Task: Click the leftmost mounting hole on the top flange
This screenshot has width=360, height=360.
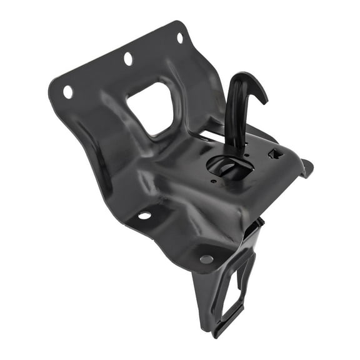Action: tap(67, 92)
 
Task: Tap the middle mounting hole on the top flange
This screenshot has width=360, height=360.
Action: tap(128, 59)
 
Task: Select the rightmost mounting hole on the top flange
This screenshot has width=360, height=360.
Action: tap(180, 37)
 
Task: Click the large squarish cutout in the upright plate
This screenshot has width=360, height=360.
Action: tap(151, 107)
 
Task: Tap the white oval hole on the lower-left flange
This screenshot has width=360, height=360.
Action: tap(144, 216)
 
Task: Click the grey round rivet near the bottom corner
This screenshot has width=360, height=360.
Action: tap(206, 259)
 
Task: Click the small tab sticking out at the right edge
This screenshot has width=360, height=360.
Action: tap(306, 167)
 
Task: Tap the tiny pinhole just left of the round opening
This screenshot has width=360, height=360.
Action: tap(213, 182)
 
